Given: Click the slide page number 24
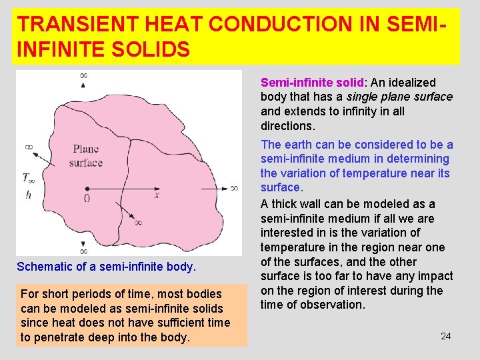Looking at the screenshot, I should point(446,336).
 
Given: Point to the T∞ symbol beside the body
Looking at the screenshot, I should point(29,178).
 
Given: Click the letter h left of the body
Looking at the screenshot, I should point(27,195).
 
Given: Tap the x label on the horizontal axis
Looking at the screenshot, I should point(157,195).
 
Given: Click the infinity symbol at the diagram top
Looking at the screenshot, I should point(83,75).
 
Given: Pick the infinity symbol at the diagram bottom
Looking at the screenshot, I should point(83,251).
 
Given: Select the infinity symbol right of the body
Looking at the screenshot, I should point(234,189).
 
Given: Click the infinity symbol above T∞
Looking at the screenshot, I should point(29,146).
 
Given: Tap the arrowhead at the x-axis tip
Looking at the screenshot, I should point(223,189).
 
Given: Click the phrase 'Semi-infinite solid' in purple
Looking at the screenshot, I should point(312,83).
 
